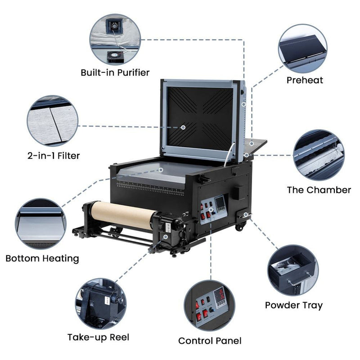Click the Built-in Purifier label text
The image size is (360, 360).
point(115,72)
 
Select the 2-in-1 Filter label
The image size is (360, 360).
point(53,156)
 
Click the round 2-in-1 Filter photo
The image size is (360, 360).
point(52,121)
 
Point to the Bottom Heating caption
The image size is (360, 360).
point(42,259)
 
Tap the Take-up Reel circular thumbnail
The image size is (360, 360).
point(100,302)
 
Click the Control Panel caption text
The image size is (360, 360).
point(210,341)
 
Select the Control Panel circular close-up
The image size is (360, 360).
point(210,306)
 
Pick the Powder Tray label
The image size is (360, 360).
point(293,305)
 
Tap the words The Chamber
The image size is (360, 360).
point(319,190)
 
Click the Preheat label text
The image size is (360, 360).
point(305,81)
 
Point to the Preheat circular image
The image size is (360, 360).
point(302,49)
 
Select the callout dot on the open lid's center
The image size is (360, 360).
point(183,127)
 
